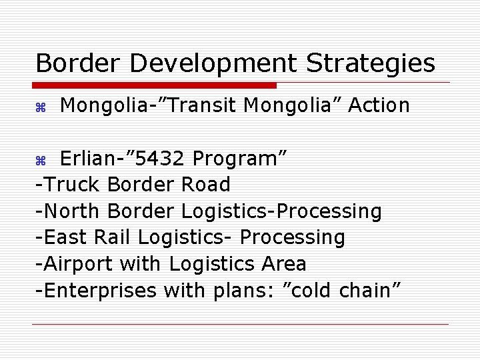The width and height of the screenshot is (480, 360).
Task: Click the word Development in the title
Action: point(213,64)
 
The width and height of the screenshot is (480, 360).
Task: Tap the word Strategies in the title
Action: point(371,64)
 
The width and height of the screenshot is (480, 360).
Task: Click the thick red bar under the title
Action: point(155,85)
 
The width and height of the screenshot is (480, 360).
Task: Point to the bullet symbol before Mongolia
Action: point(39,107)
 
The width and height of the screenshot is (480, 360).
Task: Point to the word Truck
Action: point(73,185)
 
